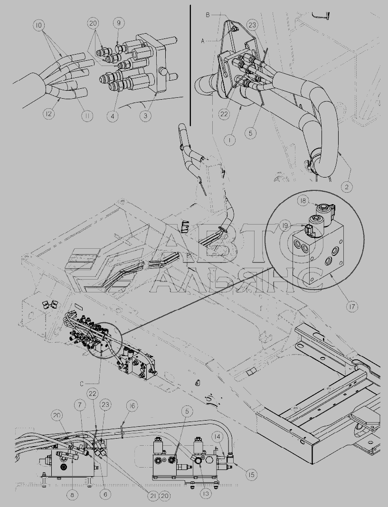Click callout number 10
point(39,25)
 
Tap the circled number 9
point(119,23)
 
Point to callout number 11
point(87,116)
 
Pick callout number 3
point(146,116)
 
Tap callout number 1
point(230,140)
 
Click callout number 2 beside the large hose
point(347,187)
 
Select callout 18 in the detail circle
point(303,201)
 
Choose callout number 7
point(80,404)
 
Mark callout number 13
point(206,493)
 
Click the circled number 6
point(105,494)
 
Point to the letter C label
point(82,384)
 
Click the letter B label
point(208,15)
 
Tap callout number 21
point(153,496)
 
